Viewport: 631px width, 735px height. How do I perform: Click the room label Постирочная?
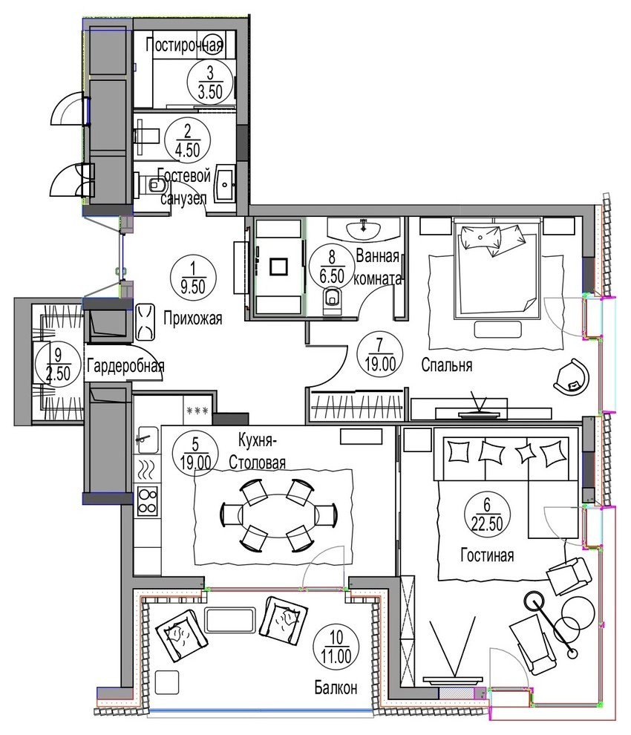pos(184,45)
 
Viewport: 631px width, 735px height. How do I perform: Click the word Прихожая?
pos(192,317)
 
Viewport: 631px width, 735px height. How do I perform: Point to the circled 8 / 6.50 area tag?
pos(327,263)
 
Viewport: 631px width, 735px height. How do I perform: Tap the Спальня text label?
pos(446,365)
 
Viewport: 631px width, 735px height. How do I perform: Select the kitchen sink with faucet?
pos(146,441)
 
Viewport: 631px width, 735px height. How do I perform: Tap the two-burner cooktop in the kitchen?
pos(147,503)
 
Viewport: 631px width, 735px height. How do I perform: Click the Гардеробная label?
pos(125,365)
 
